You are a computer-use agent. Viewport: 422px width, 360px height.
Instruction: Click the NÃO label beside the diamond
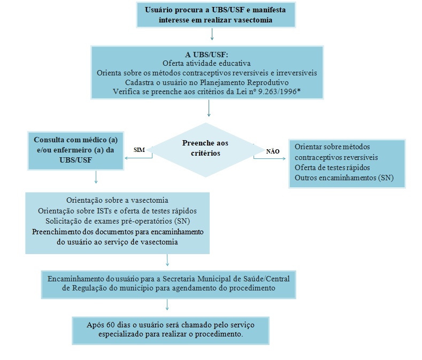coord(272,151)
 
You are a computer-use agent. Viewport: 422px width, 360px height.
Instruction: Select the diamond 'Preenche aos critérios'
coord(205,148)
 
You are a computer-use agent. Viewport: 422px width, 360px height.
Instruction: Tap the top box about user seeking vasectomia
coord(216,15)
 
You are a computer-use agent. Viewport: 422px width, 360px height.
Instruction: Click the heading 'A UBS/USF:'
coord(206,54)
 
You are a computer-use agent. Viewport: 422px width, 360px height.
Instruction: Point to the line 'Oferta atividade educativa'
coord(206,63)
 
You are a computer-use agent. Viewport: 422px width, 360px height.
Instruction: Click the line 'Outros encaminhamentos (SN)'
coord(344,178)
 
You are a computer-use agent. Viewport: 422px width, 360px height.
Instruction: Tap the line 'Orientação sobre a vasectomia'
coord(117,201)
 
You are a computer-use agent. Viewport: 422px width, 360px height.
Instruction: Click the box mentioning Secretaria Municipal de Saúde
coord(168,283)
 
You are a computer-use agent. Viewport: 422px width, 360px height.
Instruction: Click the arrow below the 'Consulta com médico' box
coord(96,177)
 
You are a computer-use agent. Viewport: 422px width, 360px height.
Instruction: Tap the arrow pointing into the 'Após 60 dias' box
coord(168,305)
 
